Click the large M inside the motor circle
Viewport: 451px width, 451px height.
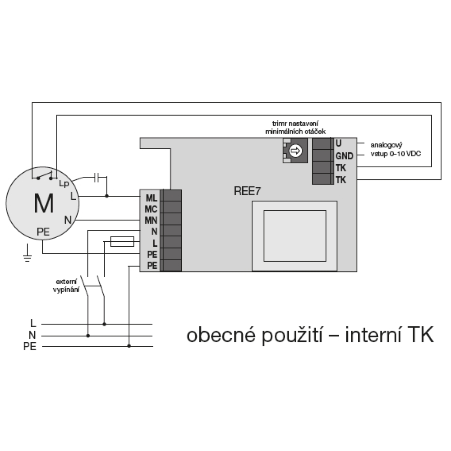tap(44, 203)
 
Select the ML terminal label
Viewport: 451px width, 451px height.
tap(152, 198)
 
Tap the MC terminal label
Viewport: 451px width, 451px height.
tap(151, 209)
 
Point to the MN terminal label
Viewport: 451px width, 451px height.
tap(151, 221)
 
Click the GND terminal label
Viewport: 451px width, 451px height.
tap(344, 156)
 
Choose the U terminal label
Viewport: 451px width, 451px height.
tap(339, 143)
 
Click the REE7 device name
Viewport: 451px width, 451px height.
tap(247, 191)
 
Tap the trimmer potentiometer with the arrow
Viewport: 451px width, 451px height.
tap(295, 151)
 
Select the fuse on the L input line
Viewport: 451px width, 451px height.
tap(122, 242)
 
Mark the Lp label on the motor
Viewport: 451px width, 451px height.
tap(64, 184)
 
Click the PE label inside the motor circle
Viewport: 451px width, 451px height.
tap(43, 232)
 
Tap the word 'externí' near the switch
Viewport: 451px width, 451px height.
tap(66, 282)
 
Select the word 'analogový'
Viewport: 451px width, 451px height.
tap(387, 145)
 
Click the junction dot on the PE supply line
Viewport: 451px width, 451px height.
tap(129, 346)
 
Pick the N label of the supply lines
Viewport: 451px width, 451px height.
tap(32, 335)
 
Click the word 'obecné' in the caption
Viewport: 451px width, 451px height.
tap(221, 335)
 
